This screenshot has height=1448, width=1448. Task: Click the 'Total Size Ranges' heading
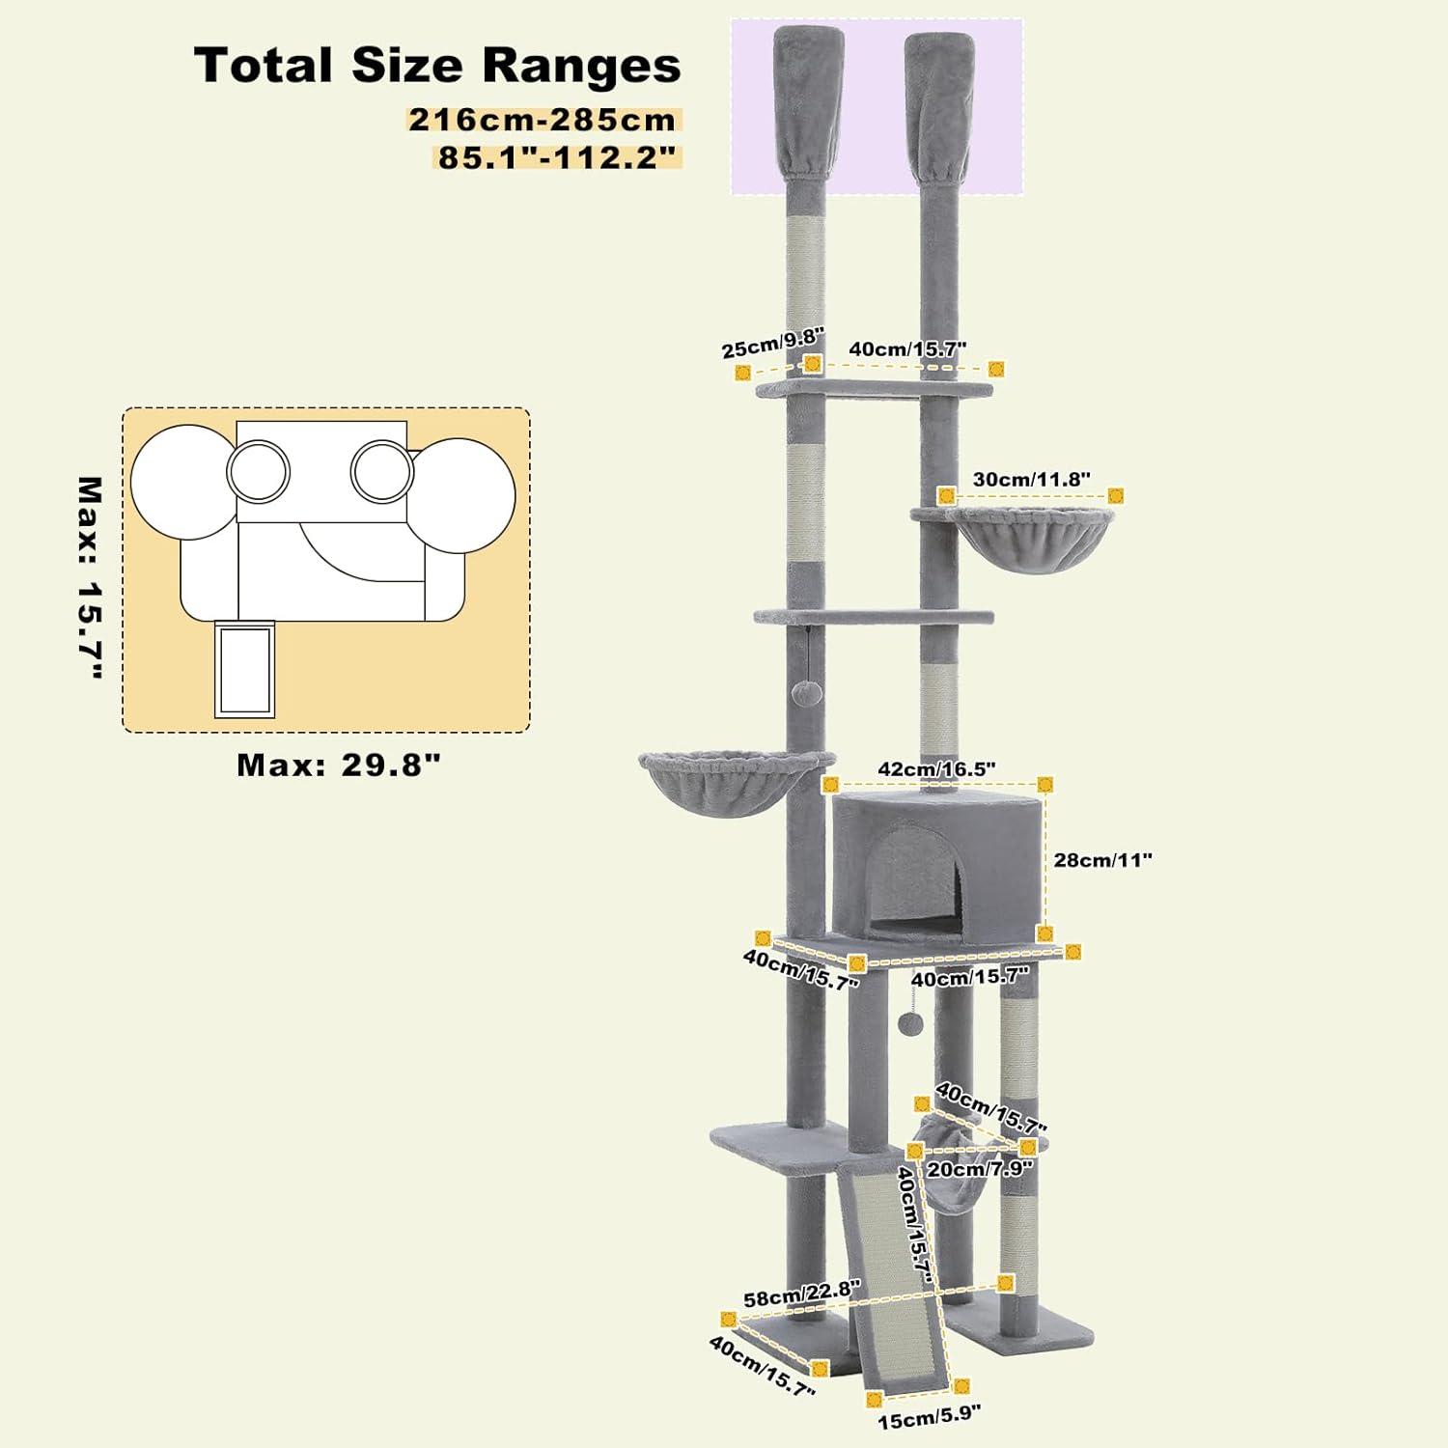point(437,66)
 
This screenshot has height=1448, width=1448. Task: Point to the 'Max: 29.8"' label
point(339,766)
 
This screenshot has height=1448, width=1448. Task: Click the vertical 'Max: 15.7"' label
point(90,578)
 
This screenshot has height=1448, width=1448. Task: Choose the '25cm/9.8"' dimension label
point(772,343)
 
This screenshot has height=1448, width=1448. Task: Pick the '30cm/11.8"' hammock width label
point(1031,479)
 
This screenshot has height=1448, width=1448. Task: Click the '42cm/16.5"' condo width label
point(936,769)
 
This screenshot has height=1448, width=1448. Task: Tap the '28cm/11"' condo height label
point(1102,860)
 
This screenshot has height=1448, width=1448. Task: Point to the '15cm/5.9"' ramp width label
point(929,1416)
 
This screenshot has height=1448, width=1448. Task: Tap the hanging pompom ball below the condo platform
point(909,1022)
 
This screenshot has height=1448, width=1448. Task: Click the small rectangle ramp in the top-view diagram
point(244,669)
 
